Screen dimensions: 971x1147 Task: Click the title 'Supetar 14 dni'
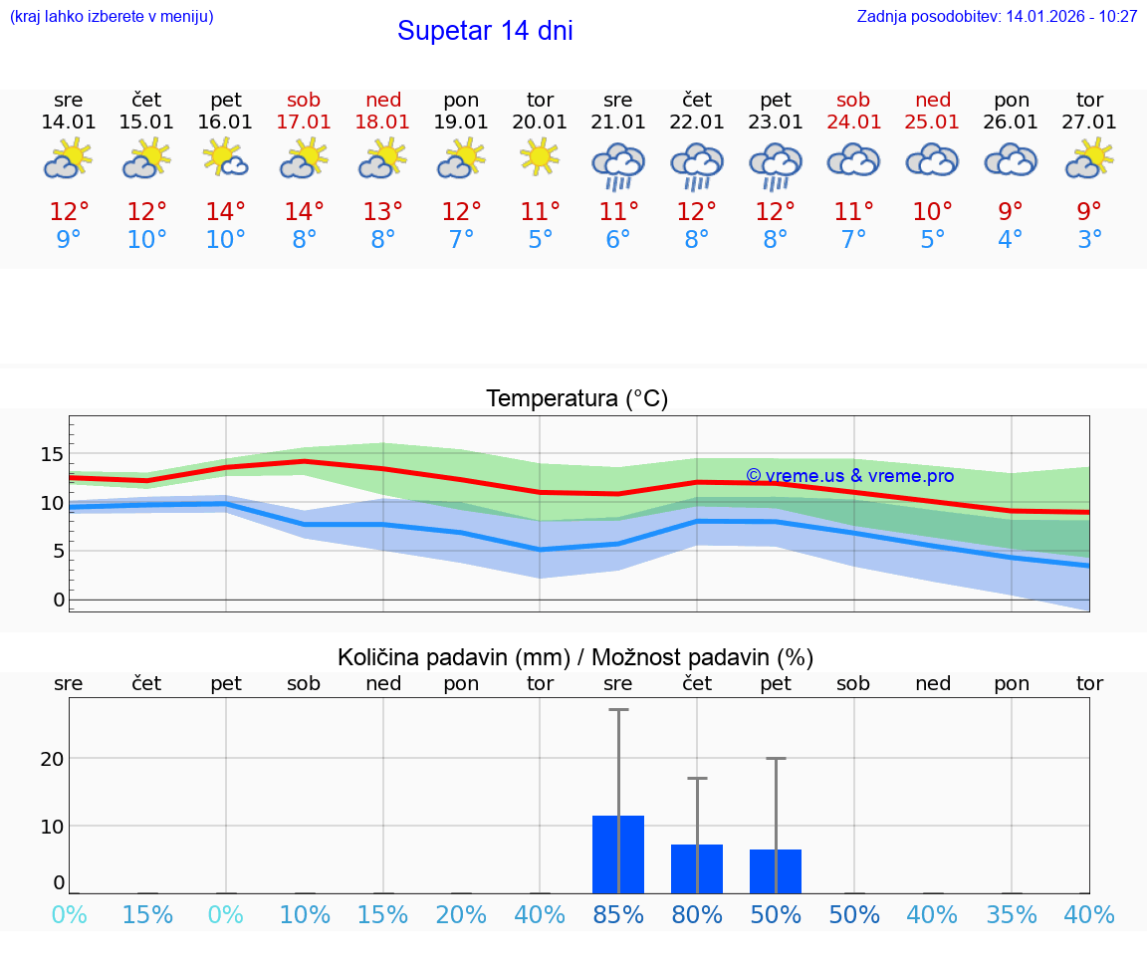tap(485, 31)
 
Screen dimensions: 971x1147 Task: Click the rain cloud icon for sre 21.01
tap(618, 164)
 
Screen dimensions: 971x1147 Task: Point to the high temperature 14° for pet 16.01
tap(226, 212)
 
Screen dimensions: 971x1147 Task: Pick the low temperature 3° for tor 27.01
tap(1089, 240)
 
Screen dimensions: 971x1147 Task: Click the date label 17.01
tap(304, 121)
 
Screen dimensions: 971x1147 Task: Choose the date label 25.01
tap(933, 121)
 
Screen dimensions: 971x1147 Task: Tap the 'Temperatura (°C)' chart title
tap(576, 399)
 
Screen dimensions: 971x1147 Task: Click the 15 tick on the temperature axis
tap(52, 454)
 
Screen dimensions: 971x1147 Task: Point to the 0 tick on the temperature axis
tap(59, 600)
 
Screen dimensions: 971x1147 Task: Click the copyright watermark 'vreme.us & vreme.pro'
tap(850, 476)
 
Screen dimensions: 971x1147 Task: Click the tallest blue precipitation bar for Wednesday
tap(618, 854)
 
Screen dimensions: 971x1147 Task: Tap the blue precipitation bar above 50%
tap(776, 871)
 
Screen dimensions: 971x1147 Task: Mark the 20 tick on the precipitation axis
tap(52, 759)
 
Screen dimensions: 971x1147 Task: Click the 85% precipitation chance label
tap(618, 914)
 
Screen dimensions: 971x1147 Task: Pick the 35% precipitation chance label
tap(1012, 914)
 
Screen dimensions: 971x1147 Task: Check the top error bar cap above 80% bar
tap(697, 778)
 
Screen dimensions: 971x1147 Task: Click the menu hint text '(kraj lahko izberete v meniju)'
tap(112, 17)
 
